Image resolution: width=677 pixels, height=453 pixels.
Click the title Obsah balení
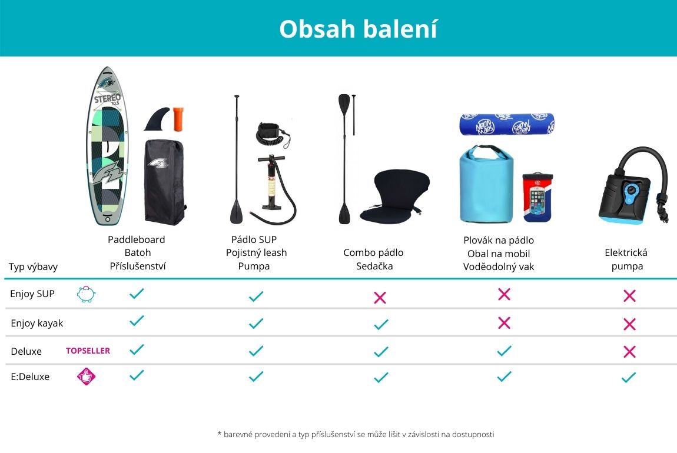359,29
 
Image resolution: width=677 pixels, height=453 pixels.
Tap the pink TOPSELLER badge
88,351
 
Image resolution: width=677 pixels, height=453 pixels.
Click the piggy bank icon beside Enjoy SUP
86,294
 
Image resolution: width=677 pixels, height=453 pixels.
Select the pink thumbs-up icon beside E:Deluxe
86,376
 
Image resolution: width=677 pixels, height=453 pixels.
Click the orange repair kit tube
178,119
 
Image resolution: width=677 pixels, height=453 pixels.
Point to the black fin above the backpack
157,119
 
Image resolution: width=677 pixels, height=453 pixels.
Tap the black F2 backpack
164,182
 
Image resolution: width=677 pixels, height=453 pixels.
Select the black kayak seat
394,196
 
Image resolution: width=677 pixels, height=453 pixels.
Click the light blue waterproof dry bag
486,184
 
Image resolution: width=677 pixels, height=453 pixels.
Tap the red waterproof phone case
537,198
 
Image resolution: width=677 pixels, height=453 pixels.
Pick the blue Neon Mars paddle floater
507,124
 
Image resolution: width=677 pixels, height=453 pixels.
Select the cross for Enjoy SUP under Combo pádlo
380,297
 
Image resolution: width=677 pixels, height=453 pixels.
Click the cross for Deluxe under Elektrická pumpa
629,352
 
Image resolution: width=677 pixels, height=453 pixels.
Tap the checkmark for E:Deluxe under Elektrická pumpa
629,378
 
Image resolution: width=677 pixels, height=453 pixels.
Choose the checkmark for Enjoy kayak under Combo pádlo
381,324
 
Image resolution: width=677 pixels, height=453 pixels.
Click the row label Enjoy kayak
36,323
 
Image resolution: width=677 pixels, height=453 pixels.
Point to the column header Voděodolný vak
499,267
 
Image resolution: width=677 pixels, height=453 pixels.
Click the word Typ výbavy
33,267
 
